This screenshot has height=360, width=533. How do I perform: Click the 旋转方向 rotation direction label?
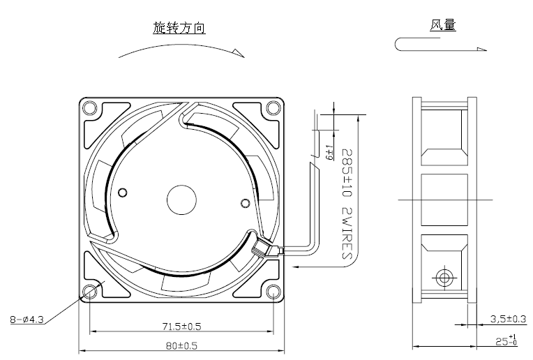[179, 28]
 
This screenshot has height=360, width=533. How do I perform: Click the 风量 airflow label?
[443, 27]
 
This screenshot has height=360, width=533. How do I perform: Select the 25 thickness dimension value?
[506, 341]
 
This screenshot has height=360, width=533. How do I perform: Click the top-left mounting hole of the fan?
[89, 108]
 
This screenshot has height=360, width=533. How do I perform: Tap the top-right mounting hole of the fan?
[272, 108]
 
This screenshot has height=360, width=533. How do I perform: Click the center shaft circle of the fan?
[181, 200]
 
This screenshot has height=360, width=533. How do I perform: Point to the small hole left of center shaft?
[123, 193]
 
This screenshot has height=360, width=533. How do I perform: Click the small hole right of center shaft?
[244, 203]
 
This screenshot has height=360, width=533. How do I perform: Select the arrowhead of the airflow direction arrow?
[481, 48]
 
